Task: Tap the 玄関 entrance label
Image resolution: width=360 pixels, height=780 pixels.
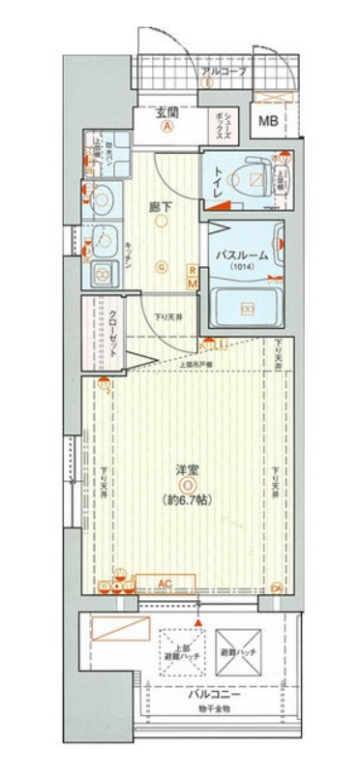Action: (167, 111)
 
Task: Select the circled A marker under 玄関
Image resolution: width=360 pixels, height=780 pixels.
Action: (167, 126)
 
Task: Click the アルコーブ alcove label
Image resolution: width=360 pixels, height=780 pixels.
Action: (225, 73)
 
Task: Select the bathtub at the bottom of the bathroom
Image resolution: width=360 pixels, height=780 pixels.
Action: (248, 309)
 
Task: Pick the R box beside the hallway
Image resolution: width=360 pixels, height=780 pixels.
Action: (193, 270)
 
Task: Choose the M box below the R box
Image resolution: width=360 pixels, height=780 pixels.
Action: (193, 284)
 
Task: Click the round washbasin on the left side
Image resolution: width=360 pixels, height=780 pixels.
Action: (101, 201)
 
